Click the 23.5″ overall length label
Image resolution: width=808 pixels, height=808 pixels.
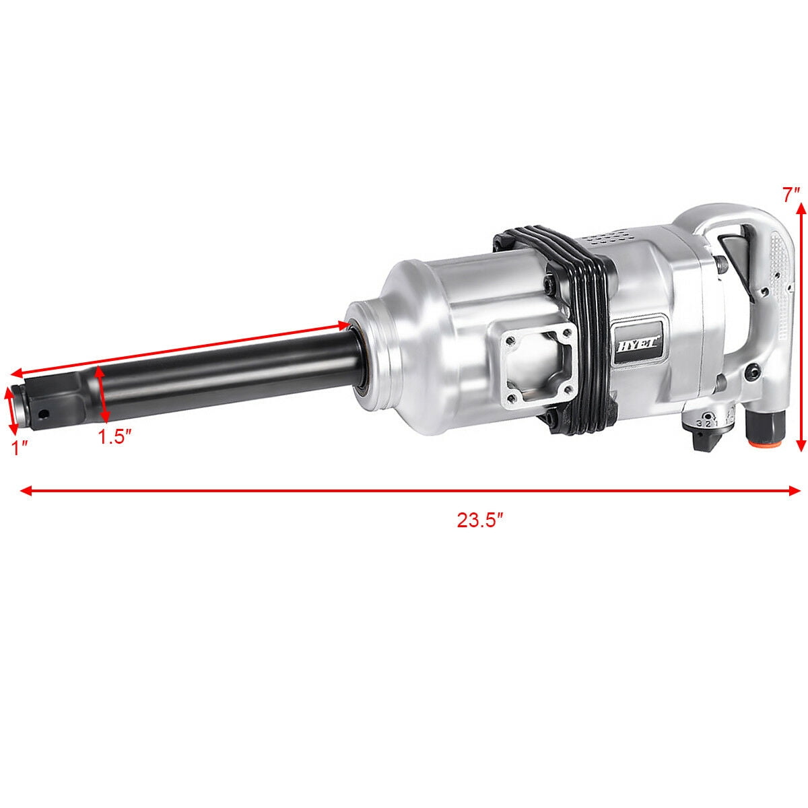pyautogui.click(x=481, y=520)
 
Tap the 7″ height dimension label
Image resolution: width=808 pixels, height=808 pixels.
pyautogui.click(x=791, y=195)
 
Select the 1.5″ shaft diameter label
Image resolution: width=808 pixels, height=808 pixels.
pyautogui.click(x=113, y=437)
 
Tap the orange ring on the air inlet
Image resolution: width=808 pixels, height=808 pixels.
pyautogui.click(x=764, y=444)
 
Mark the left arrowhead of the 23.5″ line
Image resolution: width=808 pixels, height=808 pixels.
pyautogui.click(x=26, y=491)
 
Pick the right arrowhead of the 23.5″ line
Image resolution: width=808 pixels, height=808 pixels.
pyautogui.click(x=795, y=491)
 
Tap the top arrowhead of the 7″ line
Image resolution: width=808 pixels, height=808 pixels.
pyautogui.click(x=801, y=210)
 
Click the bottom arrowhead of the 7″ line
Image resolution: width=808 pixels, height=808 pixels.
pyautogui.click(x=801, y=445)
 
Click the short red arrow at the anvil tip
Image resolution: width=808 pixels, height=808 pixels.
pyautogui.click(x=11, y=411)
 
